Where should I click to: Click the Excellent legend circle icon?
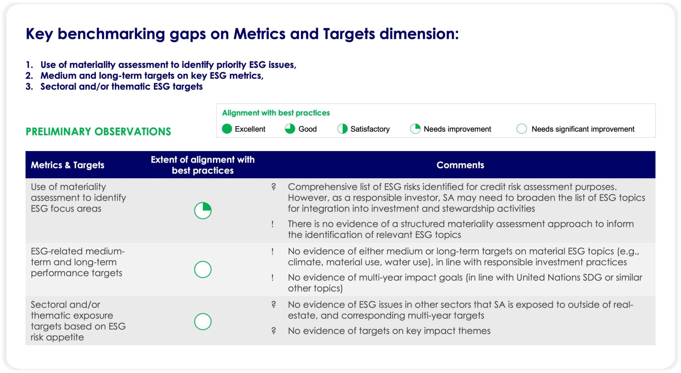[x=227, y=129]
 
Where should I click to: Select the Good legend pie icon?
[x=290, y=129]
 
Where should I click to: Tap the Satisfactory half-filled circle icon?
[x=342, y=129]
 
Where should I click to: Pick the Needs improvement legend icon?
[x=415, y=129]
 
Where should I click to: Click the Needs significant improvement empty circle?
[x=521, y=129]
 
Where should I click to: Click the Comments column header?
[x=460, y=165]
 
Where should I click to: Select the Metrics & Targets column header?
[x=68, y=165]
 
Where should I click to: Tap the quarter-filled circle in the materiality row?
[x=203, y=211]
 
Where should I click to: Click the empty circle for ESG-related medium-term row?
[x=203, y=270]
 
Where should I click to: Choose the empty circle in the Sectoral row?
[x=203, y=321]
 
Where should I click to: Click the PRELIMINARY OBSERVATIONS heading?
[x=98, y=132]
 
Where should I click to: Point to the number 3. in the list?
[x=29, y=87]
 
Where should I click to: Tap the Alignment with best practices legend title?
[x=276, y=113]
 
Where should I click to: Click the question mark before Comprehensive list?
[x=273, y=187]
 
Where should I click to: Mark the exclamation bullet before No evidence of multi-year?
[x=273, y=278]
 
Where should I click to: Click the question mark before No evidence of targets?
[x=273, y=331]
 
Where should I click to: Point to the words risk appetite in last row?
[x=57, y=337]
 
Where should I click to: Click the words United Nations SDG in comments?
[x=559, y=278]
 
